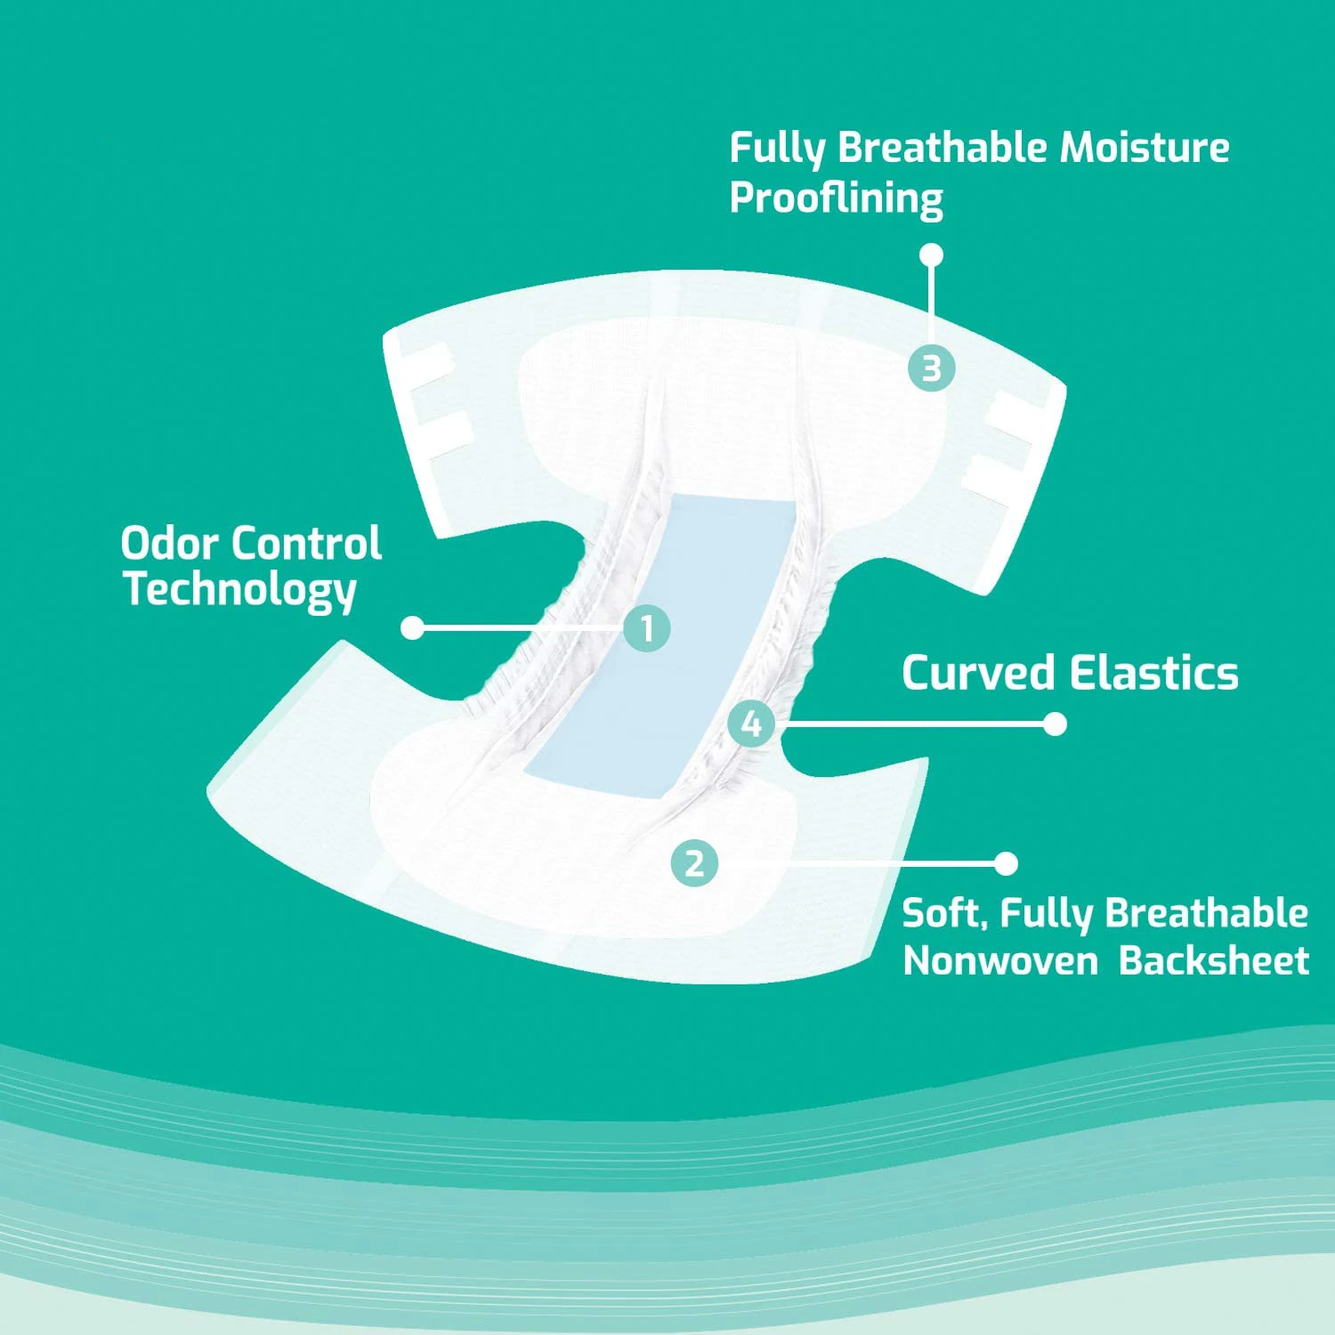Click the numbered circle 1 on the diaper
(647, 628)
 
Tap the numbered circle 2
(694, 862)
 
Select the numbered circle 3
(931, 368)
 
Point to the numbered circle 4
(751, 724)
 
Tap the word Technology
(239, 590)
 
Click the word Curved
(976, 673)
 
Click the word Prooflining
(836, 198)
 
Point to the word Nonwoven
(999, 961)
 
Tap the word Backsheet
(1213, 961)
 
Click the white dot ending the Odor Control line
(412, 627)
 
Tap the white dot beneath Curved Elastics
(1055, 724)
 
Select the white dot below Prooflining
(931, 255)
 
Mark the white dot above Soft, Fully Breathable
(1006, 862)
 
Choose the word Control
(309, 543)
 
